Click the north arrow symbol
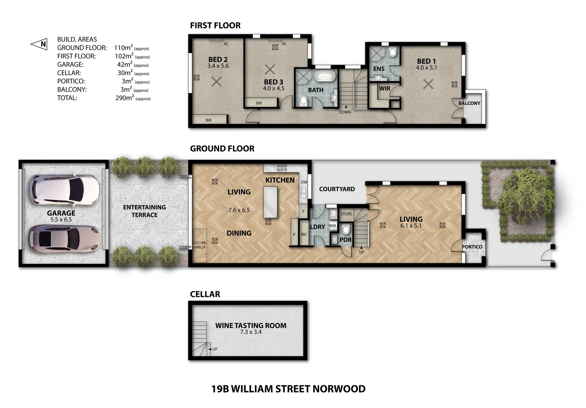[39, 44]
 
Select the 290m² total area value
[125, 98]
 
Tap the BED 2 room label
[218, 60]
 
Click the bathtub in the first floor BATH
[325, 76]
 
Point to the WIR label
[385, 89]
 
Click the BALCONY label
[469, 103]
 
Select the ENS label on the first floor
[378, 69]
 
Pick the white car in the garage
[65, 189]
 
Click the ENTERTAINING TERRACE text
[144, 211]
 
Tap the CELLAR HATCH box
[200, 245]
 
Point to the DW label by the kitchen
[304, 182]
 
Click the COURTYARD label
[337, 189]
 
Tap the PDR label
[345, 240]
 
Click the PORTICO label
[472, 247]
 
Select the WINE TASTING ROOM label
[251, 325]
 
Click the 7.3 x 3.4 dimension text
[251, 332]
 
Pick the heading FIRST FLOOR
[215, 25]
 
